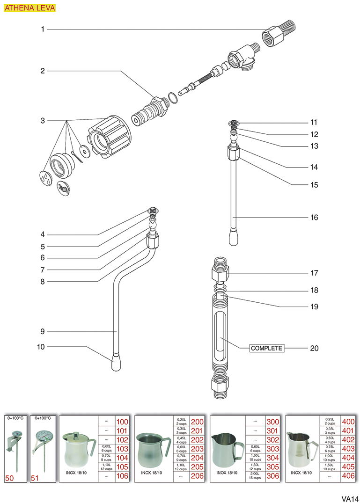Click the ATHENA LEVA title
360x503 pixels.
29,8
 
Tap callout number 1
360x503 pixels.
42,29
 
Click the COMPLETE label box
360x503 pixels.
267,348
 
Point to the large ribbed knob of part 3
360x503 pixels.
111,135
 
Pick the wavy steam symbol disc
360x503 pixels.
64,188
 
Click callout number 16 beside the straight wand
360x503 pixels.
314,218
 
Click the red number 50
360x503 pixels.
9,477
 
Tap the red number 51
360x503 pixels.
35,477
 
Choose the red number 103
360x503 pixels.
122,449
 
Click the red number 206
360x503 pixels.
197,476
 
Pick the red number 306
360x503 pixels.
272,476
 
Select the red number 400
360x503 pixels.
348,422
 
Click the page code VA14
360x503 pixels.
350,497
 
